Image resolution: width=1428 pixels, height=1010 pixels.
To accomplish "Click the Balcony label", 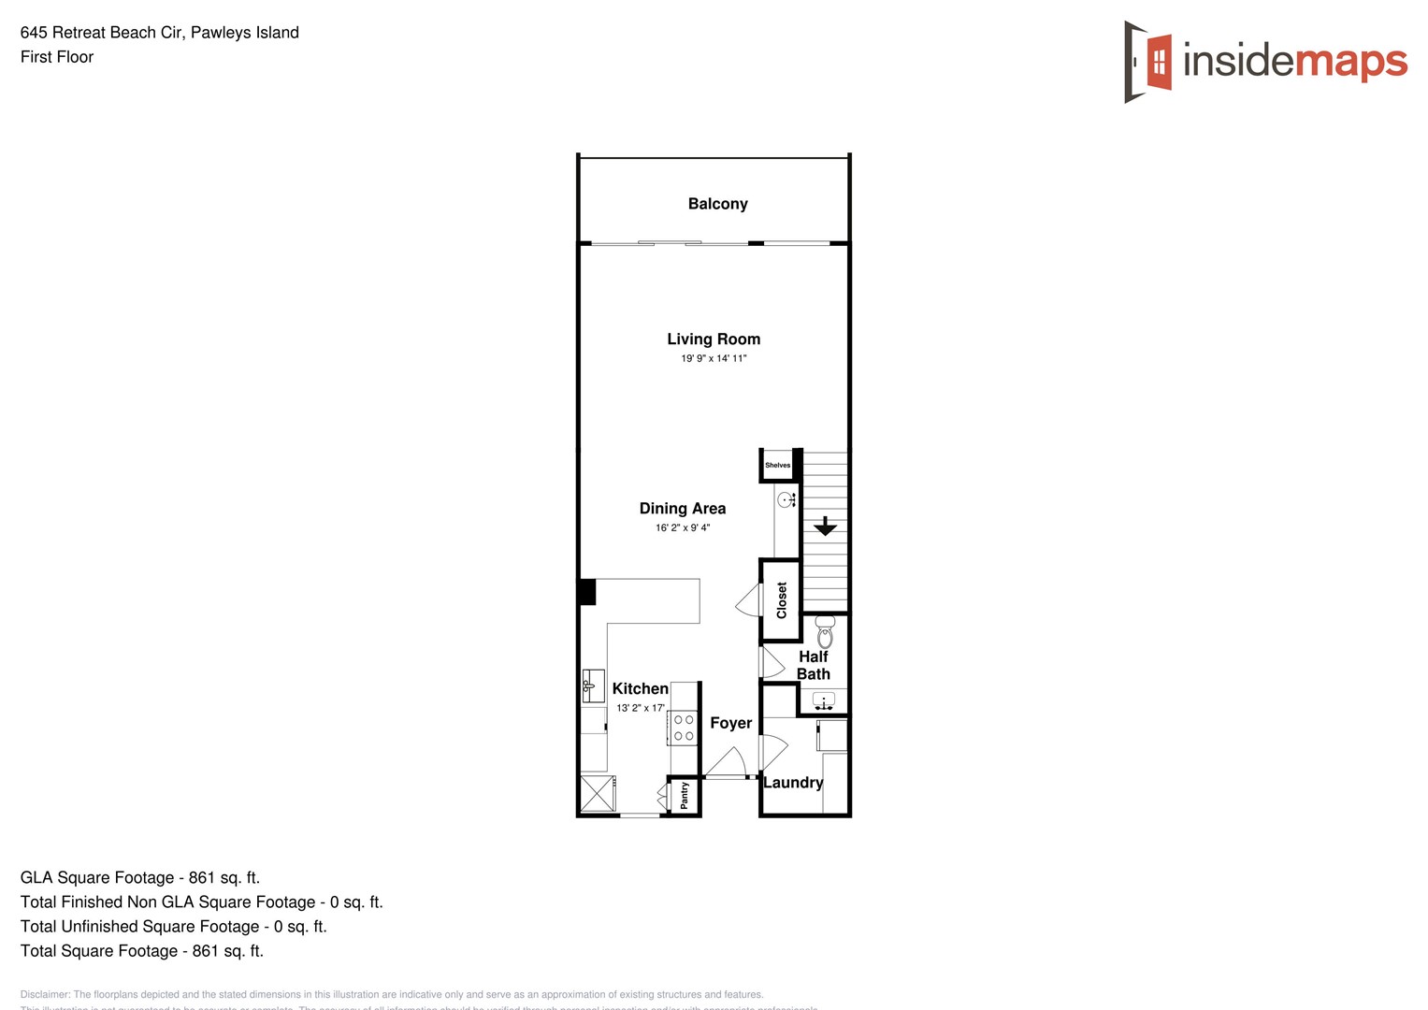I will click(x=717, y=204).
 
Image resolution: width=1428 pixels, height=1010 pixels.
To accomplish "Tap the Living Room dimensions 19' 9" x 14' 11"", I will click(x=714, y=359).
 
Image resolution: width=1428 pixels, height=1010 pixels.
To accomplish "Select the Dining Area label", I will click(x=682, y=509).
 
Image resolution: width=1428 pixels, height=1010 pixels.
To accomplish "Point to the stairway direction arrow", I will click(x=825, y=527).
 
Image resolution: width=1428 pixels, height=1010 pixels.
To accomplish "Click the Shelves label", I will click(x=777, y=465).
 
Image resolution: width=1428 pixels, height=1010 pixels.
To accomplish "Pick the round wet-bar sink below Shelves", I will click(x=786, y=500).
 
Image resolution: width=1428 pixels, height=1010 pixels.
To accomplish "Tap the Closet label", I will click(x=782, y=599).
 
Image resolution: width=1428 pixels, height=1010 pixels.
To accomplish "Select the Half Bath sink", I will click(x=824, y=700).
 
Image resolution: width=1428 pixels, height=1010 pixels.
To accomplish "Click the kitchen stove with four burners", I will click(x=684, y=728).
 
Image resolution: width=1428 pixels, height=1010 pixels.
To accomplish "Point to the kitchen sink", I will click(x=592, y=685).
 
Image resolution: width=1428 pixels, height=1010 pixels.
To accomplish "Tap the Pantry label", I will click(x=685, y=796).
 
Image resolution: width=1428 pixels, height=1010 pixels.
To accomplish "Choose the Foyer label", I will click(x=730, y=723).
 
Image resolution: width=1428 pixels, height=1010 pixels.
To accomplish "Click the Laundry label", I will click(x=793, y=783).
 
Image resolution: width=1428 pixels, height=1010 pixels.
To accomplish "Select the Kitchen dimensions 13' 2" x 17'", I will click(x=641, y=708).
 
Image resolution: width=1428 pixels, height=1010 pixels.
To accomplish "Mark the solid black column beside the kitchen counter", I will click(x=586, y=592).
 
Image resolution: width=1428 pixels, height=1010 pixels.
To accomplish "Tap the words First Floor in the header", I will click(x=57, y=57).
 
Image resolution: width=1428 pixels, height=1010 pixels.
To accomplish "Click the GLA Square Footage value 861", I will click(x=202, y=877).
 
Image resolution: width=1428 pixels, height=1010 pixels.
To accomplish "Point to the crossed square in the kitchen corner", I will click(x=596, y=793).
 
